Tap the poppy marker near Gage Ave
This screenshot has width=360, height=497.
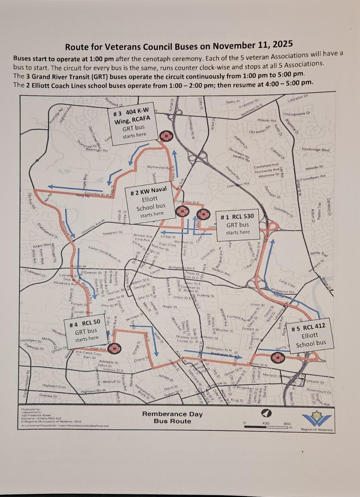pos(114,348)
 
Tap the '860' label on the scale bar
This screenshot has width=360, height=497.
pos(288,424)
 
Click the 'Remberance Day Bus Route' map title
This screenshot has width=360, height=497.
pos(172,417)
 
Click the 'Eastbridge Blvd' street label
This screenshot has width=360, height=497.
pos(316,150)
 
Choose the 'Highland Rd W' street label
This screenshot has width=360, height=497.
pos(93,391)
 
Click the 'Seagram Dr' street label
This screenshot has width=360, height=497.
pos(112,233)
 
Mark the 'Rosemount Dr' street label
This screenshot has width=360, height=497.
pos(319,391)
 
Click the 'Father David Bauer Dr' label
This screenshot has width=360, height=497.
pos(104,254)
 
